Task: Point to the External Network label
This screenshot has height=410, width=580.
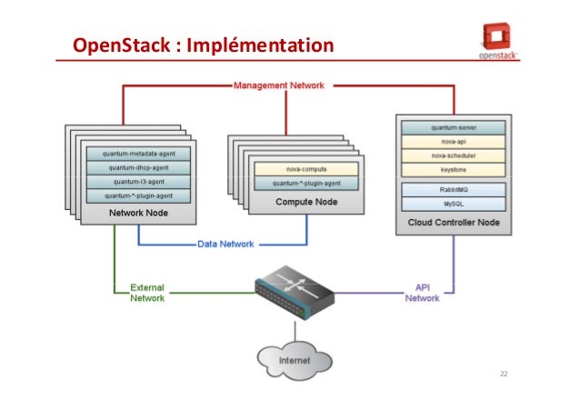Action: [147, 292]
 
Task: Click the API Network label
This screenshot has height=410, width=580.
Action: [421, 292]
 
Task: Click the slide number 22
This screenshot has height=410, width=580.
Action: [504, 375]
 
